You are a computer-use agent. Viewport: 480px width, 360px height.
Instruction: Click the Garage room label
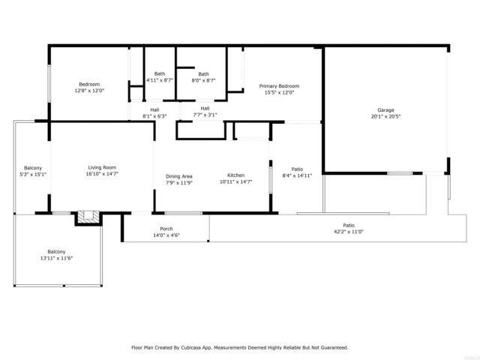click(x=385, y=110)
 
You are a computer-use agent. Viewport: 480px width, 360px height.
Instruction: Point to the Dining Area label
click(x=178, y=175)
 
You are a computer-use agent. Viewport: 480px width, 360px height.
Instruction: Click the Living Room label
click(x=102, y=167)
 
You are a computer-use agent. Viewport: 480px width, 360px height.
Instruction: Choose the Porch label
click(x=166, y=229)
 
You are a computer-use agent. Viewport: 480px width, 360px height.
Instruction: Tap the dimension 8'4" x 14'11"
click(x=296, y=175)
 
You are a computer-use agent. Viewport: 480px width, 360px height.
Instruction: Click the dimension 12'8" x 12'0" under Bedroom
click(x=89, y=91)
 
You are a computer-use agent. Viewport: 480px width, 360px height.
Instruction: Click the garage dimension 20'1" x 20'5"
click(x=385, y=117)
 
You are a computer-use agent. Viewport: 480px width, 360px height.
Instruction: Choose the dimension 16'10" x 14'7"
click(x=102, y=173)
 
